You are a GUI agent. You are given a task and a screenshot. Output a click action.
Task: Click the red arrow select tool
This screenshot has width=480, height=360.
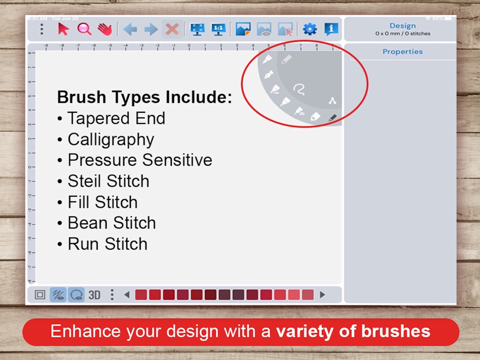coord(63,29)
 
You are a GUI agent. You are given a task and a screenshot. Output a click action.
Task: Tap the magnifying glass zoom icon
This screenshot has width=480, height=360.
coord(84,29)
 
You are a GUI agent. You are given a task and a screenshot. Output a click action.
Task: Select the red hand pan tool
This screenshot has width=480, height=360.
coord(105,29)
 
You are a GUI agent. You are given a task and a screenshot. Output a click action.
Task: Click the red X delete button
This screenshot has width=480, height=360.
coord(172,29)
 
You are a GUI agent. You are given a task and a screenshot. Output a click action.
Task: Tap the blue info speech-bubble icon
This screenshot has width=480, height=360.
coord(331,29)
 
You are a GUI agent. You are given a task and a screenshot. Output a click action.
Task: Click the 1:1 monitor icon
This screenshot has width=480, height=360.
coord(218,29)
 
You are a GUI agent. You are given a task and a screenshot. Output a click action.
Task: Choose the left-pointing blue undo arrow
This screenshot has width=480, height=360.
coord(130,29)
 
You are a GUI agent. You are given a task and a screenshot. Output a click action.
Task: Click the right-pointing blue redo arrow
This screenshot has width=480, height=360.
coord(151,29)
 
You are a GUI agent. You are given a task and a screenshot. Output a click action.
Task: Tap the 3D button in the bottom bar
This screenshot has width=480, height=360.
coord(94,295)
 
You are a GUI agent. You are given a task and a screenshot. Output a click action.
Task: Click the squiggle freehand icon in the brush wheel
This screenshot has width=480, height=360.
coord(301,90)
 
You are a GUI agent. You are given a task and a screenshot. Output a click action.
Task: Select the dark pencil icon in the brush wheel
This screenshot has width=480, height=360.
coord(332,118)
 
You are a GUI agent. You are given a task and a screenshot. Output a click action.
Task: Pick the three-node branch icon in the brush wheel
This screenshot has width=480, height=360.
coord(331,101)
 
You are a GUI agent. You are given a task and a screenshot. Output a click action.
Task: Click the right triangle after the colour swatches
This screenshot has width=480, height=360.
coord(322,295)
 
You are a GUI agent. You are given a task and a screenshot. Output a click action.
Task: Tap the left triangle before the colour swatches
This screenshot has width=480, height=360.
coord(127,295)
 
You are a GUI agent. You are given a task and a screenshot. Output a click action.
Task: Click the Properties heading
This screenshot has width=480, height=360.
coord(402,52)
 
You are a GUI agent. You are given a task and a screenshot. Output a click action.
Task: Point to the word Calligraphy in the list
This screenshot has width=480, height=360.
coord(111,139)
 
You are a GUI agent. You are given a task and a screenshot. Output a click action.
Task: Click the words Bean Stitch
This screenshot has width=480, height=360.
coord(112,222)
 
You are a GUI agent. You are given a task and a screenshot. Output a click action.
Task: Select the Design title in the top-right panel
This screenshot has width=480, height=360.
coord(402,26)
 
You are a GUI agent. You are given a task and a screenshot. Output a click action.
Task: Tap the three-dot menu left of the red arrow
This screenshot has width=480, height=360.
coord(41,29)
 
